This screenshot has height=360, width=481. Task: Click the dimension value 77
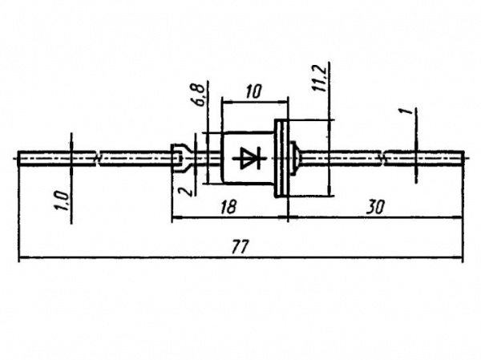pyautogui.click(x=239, y=246)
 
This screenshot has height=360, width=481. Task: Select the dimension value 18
pyautogui.click(x=228, y=207)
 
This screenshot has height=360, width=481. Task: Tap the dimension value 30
pyautogui.click(x=375, y=207)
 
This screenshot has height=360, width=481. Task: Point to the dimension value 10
pyautogui.click(x=253, y=91)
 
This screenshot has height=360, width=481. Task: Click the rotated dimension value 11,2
pyautogui.click(x=321, y=80)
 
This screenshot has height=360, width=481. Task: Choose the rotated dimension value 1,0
pyautogui.click(x=63, y=200)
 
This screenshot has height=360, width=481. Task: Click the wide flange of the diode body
pyautogui.click(x=281, y=159)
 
